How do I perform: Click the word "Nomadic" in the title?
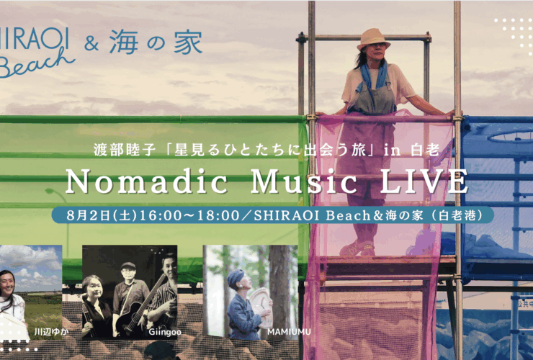click(145, 181)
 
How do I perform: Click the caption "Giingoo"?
click(165, 332)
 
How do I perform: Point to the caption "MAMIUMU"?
click(289, 332)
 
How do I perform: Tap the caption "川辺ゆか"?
click(51, 332)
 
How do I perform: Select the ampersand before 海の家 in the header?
click(91, 43)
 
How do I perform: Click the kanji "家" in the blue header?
click(188, 42)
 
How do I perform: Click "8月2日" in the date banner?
click(88, 215)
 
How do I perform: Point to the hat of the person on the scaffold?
click(373, 38)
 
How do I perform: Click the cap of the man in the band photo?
click(128, 266)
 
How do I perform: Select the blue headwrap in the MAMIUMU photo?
click(236, 276)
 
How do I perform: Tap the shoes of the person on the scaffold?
click(357, 248)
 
